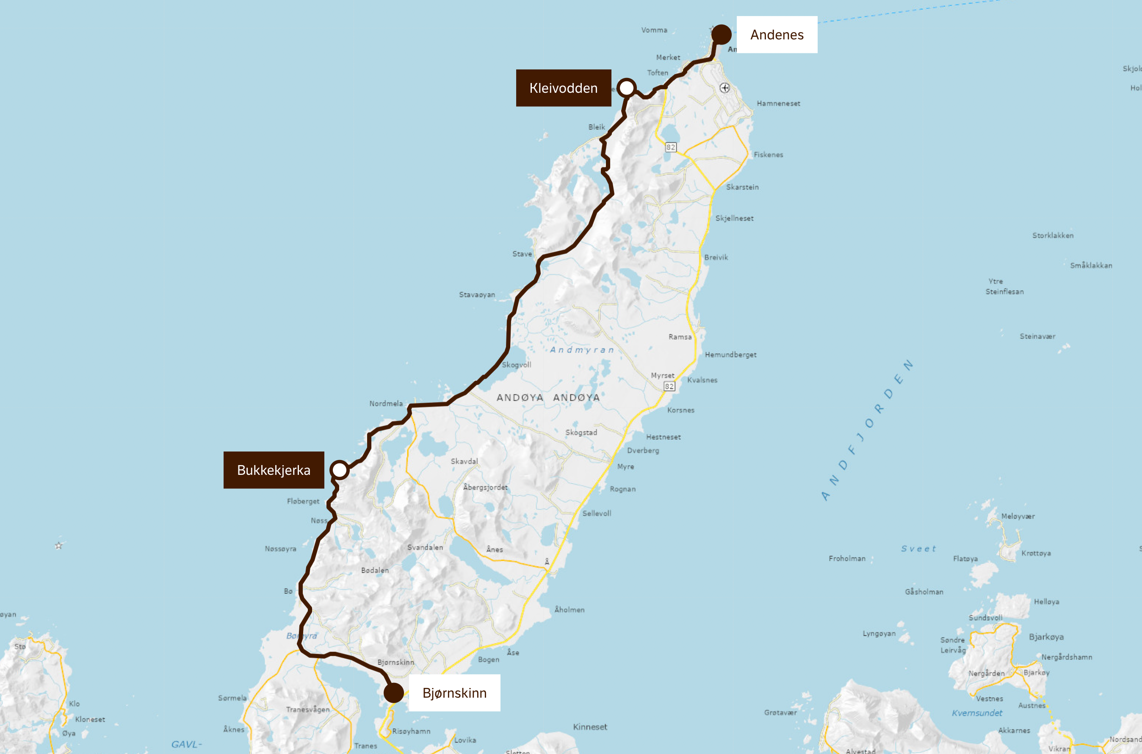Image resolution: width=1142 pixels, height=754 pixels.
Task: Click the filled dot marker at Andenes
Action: pos(721,35)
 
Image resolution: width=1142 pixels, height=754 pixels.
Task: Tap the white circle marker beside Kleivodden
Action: pos(626,88)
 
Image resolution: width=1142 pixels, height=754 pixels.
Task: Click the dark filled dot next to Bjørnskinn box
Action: pos(394,693)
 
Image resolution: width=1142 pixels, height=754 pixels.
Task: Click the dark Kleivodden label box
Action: pos(563,88)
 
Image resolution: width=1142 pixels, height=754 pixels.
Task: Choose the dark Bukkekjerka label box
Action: pos(274,470)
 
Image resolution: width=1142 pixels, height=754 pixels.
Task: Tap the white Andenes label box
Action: pos(777,35)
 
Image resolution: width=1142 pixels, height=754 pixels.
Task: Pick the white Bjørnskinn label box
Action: pos(454,693)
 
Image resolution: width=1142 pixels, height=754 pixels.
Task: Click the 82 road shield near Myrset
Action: pos(669,386)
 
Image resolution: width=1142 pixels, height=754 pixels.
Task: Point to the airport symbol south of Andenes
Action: pos(725,88)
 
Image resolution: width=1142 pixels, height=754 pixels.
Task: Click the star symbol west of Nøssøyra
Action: pos(58,545)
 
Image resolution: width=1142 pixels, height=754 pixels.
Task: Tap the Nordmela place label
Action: pos(386,403)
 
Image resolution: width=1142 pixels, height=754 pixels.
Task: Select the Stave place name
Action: pos(522,254)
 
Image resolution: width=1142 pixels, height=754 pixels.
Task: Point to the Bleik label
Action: pos(597,127)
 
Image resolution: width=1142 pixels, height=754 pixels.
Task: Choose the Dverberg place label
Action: pos(643,451)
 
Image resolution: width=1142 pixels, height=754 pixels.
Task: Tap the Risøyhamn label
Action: pos(412,731)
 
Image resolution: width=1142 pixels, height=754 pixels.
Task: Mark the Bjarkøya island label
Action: pos(1046,637)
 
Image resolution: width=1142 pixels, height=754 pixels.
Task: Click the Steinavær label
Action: pos(1038,336)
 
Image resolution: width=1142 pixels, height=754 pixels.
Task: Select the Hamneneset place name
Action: pos(779,103)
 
